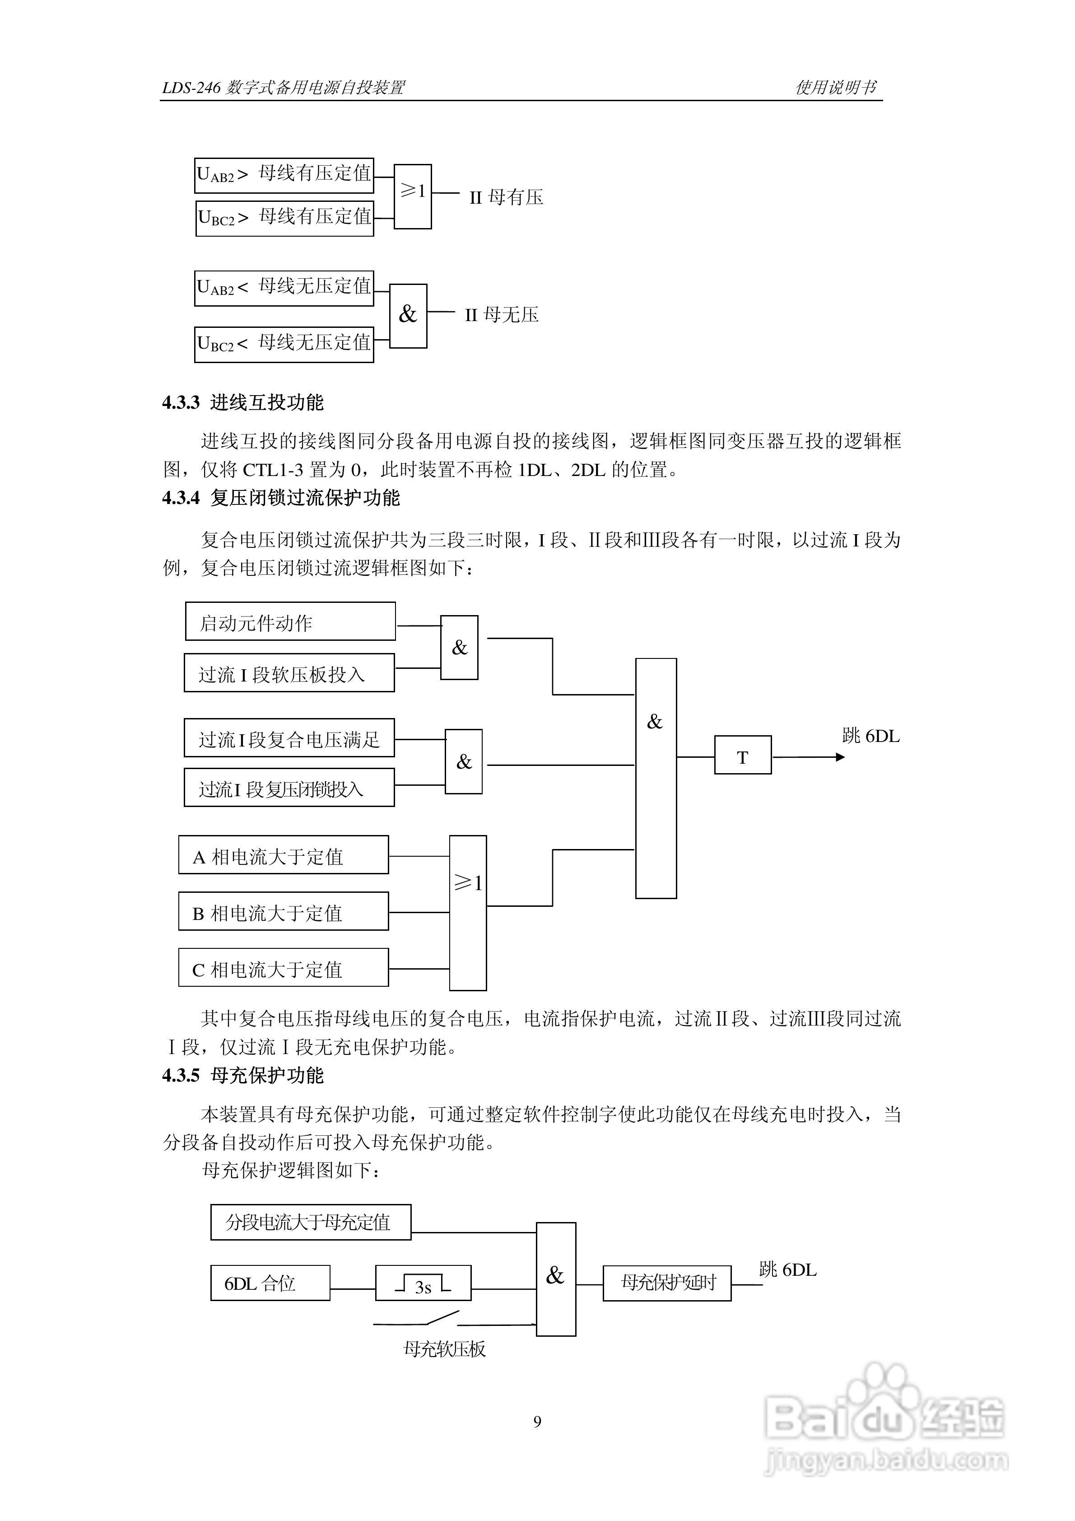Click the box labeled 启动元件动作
pos(290,621)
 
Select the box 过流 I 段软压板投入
pos(289,673)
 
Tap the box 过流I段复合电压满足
pos(289,738)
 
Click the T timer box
pos(743,755)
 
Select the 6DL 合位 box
pos(270,1283)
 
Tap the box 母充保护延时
pos(667,1283)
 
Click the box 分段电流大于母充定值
pos(311,1222)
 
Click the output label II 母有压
pos(506,197)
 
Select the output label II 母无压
pos(502,315)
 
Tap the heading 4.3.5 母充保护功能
pos(243,1075)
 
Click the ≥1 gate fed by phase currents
pos(468,912)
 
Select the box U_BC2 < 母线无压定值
pos(284,344)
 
